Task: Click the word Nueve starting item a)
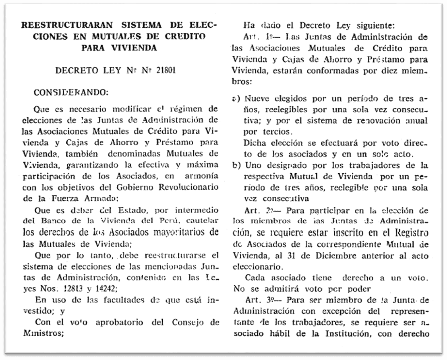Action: (x=258, y=100)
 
